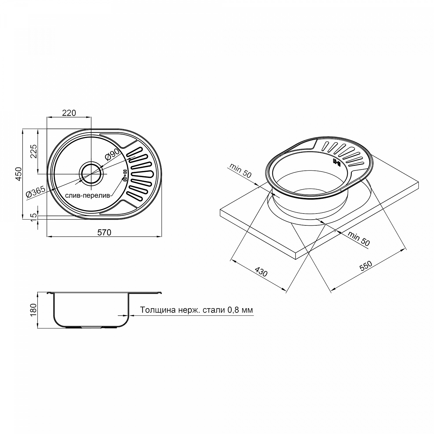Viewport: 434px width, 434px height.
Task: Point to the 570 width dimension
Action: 104,232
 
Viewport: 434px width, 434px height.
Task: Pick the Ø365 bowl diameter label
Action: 36,192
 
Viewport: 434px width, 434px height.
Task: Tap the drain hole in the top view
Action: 92,174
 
